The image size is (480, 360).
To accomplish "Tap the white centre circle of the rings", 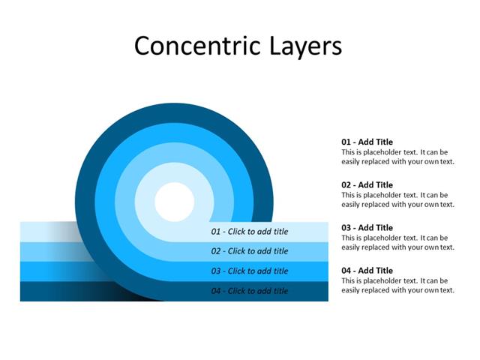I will click(174, 202).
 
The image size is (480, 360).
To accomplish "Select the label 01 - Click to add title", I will click(250, 232).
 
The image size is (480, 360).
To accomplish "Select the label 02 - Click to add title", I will click(250, 251).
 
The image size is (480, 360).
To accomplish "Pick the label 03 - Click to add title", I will click(250, 271).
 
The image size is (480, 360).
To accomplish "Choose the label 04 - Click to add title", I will click(250, 291).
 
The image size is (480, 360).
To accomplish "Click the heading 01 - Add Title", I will click(367, 142).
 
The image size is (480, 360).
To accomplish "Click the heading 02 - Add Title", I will click(367, 184).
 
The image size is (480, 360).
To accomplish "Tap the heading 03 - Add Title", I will click(367, 227).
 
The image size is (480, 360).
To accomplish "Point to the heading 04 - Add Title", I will click(367, 270).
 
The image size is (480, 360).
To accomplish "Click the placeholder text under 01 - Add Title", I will click(397, 157).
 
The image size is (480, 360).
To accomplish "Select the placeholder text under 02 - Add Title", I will click(397, 199).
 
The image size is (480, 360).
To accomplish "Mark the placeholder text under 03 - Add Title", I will click(397, 242).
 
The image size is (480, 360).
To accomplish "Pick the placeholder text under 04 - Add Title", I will click(397, 285).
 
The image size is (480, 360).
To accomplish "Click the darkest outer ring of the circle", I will click(174, 112).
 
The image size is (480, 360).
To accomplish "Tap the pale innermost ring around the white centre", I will click(174, 172).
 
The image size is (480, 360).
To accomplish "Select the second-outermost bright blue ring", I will click(174, 132).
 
